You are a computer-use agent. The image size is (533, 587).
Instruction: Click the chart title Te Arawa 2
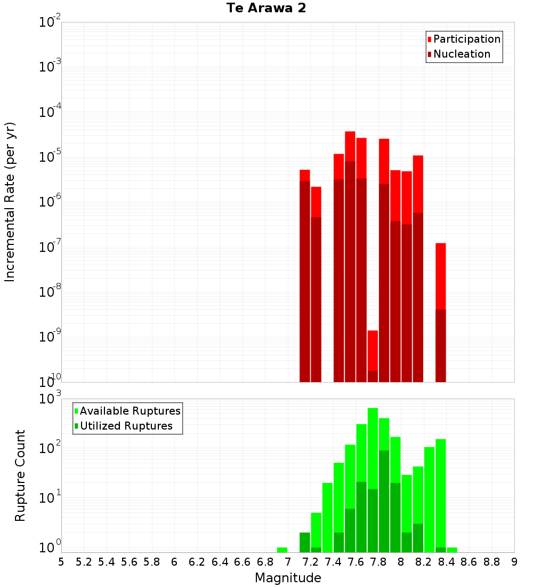[x=266, y=9]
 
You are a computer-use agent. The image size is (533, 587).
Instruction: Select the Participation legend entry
[x=467, y=39]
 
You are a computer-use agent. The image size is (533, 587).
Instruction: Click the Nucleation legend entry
[x=462, y=54]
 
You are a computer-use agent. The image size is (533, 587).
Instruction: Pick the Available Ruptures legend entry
[x=130, y=411]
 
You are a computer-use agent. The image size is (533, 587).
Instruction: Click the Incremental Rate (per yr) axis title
[x=10, y=202]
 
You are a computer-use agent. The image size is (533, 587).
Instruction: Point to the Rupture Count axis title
[x=20, y=475]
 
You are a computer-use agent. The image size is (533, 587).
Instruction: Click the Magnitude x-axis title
[x=288, y=578]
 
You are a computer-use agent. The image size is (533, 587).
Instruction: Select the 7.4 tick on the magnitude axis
[x=333, y=561]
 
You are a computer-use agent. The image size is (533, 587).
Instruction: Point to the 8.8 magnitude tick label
[x=491, y=561]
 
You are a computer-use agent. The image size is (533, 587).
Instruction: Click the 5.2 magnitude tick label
[x=84, y=561]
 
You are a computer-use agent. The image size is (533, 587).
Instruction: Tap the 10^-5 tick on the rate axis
[x=50, y=157]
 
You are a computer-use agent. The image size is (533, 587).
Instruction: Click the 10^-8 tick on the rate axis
[x=50, y=292]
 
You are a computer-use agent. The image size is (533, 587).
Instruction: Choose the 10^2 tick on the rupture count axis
[x=50, y=447]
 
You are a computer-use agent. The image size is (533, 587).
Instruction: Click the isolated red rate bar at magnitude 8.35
[x=440, y=312]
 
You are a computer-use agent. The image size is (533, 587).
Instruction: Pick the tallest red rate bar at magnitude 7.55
[x=350, y=256]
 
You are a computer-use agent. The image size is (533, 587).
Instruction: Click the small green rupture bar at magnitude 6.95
[x=282, y=550]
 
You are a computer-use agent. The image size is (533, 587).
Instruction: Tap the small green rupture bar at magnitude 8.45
[x=452, y=550]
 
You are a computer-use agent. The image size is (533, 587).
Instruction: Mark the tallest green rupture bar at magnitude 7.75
[x=373, y=480]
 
